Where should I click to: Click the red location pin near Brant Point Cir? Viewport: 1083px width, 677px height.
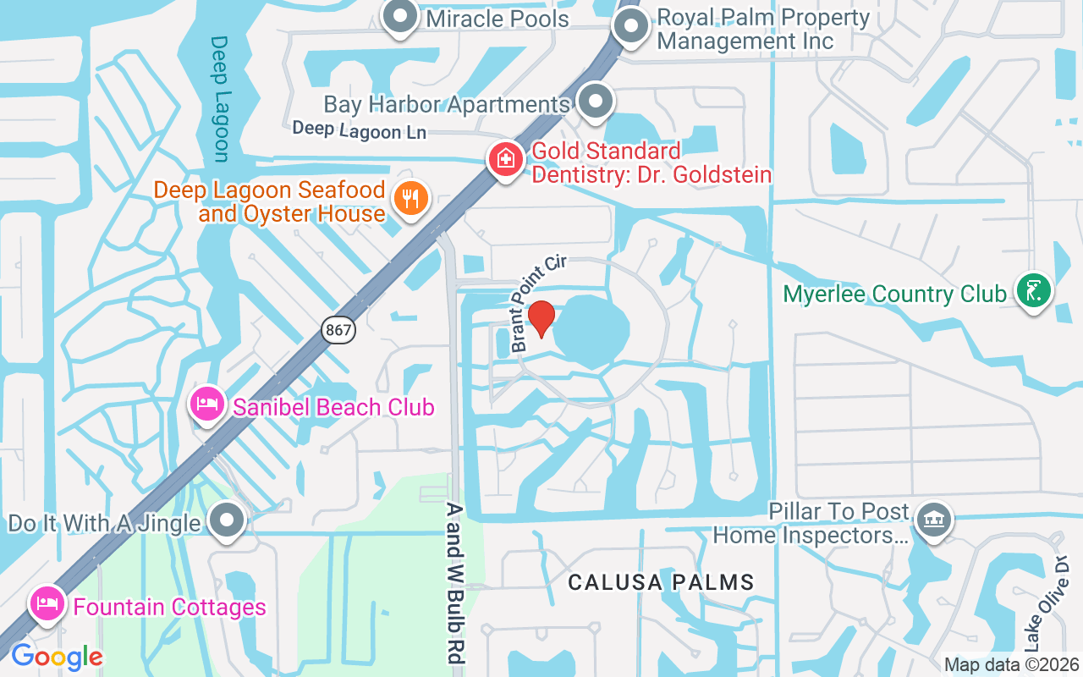[541, 319]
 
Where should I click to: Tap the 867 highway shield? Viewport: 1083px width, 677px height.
[338, 330]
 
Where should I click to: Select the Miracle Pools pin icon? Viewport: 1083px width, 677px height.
[399, 17]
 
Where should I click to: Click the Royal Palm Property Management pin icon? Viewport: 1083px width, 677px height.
[629, 26]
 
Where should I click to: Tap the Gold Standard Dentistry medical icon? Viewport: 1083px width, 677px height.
[506, 159]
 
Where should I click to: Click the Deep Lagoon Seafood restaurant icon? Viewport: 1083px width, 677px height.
[411, 200]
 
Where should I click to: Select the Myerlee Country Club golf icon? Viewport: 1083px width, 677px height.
[1033, 291]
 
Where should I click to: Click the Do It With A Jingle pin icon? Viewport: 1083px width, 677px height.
[228, 520]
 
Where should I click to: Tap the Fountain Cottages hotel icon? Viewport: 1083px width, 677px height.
[47, 604]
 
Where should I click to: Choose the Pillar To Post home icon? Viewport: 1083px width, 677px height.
[933, 518]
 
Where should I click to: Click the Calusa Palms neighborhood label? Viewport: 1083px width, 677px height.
[661, 582]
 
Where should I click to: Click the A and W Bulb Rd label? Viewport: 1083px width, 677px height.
[456, 583]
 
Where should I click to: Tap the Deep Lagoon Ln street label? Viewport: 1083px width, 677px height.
[359, 130]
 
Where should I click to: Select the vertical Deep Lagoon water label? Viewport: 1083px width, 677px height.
[220, 98]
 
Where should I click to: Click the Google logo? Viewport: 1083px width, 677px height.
[57, 656]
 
